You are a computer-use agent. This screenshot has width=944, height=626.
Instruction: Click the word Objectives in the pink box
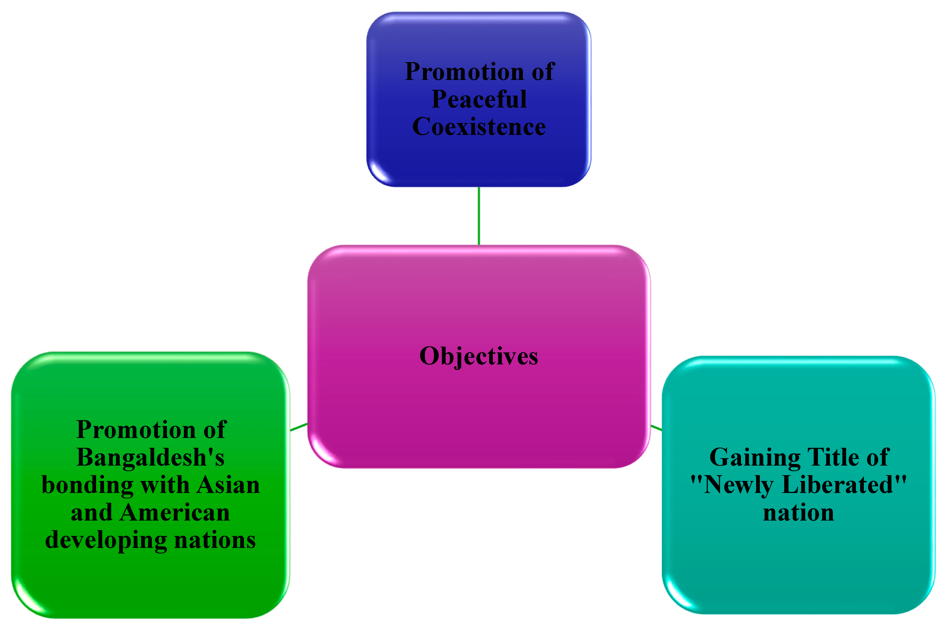(x=479, y=356)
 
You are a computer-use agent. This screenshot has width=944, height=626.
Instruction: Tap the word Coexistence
(x=479, y=127)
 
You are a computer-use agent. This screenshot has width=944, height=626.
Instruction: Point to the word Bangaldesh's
(x=150, y=458)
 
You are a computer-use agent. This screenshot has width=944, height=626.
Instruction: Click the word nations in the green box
(x=215, y=540)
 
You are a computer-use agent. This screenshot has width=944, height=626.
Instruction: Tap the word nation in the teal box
(x=798, y=512)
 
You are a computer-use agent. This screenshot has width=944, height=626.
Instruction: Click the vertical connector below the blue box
(x=479, y=216)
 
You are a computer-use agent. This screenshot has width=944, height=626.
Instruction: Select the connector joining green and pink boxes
(x=299, y=427)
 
